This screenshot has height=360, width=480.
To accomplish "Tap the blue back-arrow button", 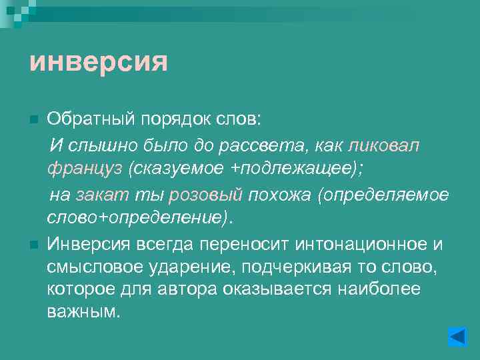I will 457,335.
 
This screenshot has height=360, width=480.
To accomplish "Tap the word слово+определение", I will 134,219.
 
